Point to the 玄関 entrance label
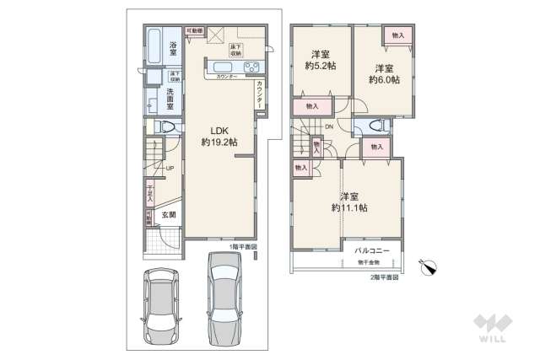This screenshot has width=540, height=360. coord(169,215)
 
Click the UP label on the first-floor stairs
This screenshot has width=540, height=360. coord(170,168)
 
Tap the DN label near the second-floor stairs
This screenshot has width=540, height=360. coord(329,127)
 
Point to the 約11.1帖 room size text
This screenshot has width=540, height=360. coord(348,207)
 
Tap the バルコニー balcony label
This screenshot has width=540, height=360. coord(371,251)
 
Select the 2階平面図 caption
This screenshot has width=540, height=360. coord(384,277)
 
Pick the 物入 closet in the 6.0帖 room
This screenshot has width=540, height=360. coord(397,35)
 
